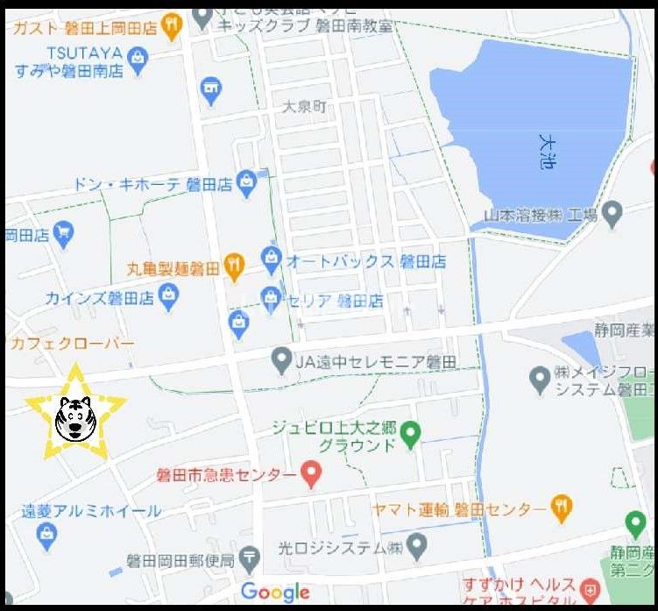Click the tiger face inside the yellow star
pos(75,417)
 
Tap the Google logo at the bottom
pos(275,593)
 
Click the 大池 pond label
pos(547,151)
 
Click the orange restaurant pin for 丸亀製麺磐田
pos(233,265)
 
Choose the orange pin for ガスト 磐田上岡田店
pos(172,28)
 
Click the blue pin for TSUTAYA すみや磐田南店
pos(137,59)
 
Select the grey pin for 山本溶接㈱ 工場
pos(612,214)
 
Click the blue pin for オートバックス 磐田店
pos(271,260)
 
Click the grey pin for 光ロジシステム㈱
pos(416,549)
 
